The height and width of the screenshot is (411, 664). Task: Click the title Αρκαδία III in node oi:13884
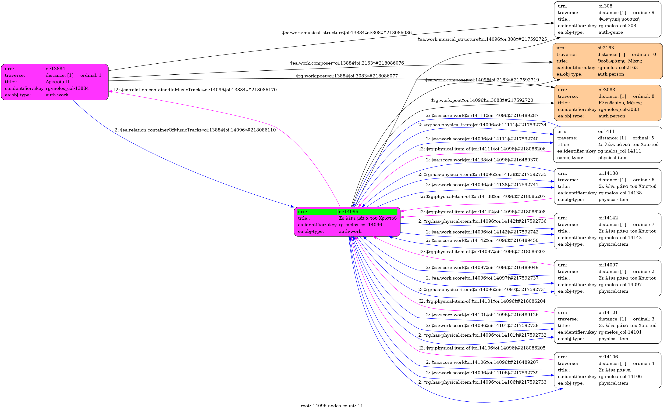(58, 82)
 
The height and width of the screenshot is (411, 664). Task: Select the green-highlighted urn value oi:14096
(348, 212)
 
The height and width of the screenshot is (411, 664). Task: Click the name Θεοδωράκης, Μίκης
(619, 61)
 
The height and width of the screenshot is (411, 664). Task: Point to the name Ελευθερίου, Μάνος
(620, 103)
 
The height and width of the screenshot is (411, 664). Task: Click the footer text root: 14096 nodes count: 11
(332, 406)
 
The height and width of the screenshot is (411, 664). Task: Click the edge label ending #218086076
(347, 63)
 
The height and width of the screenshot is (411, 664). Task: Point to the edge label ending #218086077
(347, 76)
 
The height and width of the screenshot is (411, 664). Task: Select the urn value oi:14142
(608, 218)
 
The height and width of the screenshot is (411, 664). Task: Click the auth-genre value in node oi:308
(611, 32)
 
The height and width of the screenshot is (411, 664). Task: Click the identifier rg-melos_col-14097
(620, 285)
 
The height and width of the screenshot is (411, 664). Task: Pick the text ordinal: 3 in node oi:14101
(643, 319)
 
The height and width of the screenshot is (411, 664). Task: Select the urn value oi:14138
(608, 173)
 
